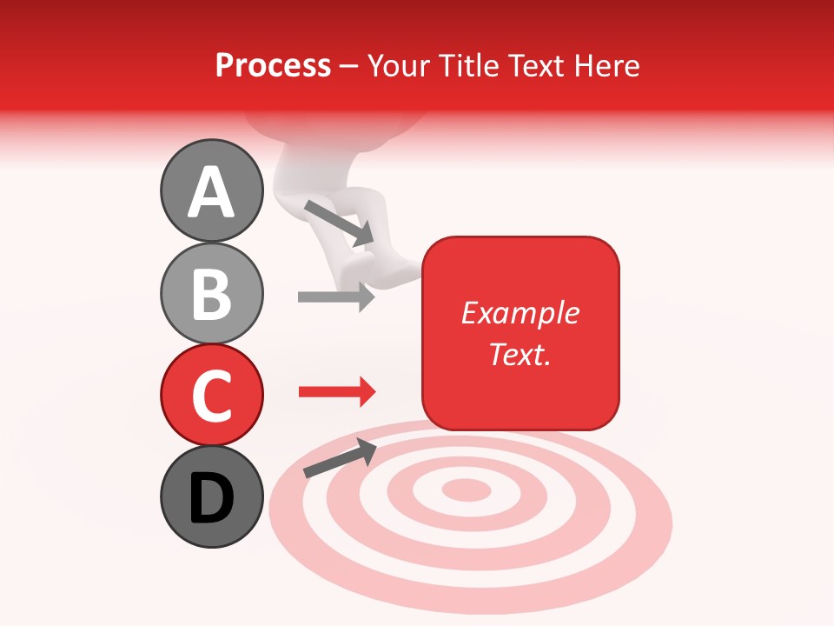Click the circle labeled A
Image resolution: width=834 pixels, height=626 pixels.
[211, 190]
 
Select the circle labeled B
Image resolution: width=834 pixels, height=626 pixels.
[211, 293]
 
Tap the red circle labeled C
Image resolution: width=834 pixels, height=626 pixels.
[211, 395]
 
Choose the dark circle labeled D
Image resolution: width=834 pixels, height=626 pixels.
[211, 497]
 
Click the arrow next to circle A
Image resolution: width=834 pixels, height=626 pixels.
[339, 223]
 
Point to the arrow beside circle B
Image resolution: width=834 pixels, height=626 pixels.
[336, 296]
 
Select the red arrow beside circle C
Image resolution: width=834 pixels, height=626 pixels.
[336, 392]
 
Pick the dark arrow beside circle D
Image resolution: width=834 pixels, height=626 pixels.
[340, 458]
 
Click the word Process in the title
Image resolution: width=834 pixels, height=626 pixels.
[273, 65]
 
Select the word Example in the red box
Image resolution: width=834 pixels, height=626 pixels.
[520, 313]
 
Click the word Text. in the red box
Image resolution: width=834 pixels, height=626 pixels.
[520, 354]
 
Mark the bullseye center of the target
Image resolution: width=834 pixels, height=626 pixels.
[467, 490]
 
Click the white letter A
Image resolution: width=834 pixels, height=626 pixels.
[211, 192]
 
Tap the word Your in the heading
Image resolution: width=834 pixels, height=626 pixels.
[399, 65]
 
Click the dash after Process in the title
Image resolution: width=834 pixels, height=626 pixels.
[349, 67]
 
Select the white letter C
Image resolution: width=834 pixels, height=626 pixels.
[211, 396]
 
